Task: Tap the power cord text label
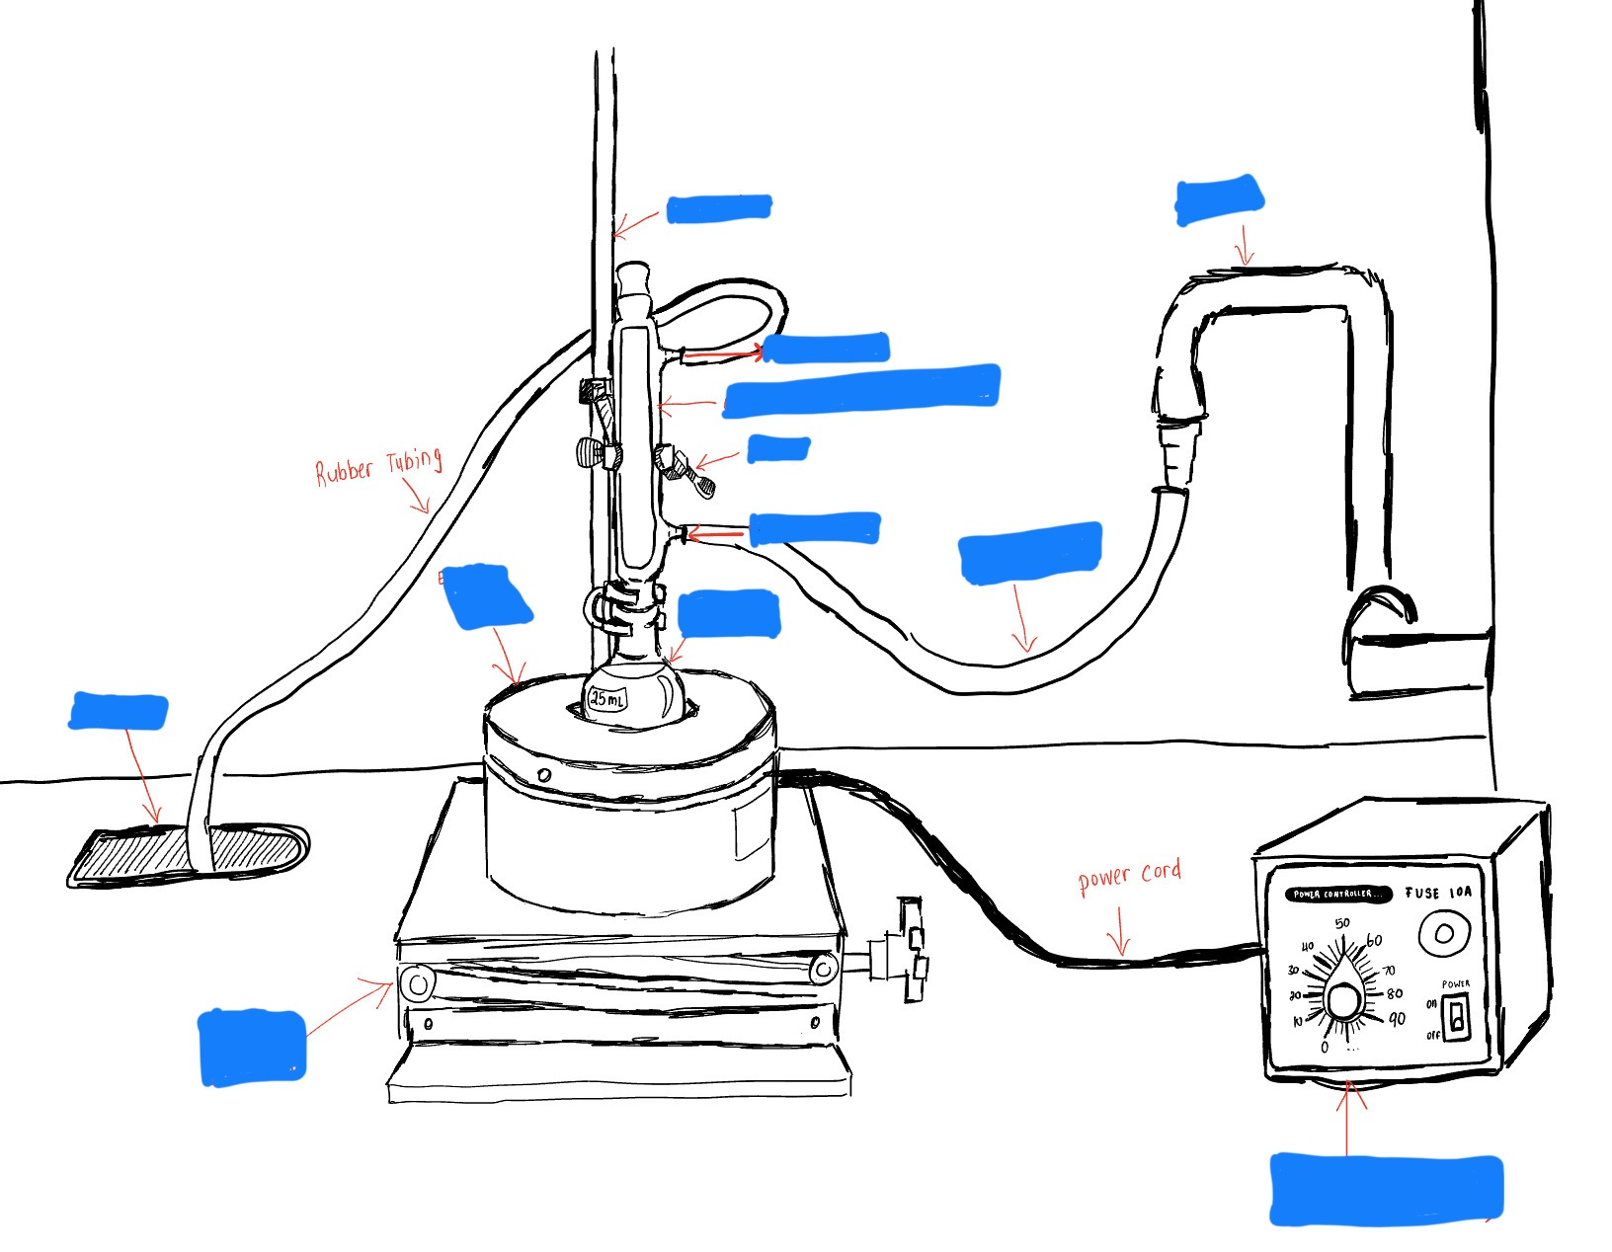point(1129,875)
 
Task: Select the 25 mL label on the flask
point(606,699)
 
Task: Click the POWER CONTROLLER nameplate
point(1337,895)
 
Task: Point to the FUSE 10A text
point(1437,893)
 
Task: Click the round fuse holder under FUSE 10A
point(1443,932)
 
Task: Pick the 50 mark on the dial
point(1341,924)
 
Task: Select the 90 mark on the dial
point(1397,1020)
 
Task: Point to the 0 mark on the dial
point(1325,1047)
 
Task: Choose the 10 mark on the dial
point(1297,1022)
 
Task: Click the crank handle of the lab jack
point(910,950)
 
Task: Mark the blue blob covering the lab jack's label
point(252,1047)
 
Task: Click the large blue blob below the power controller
point(1385,1189)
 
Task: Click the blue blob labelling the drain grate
point(119,712)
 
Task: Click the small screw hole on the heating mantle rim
point(543,774)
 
